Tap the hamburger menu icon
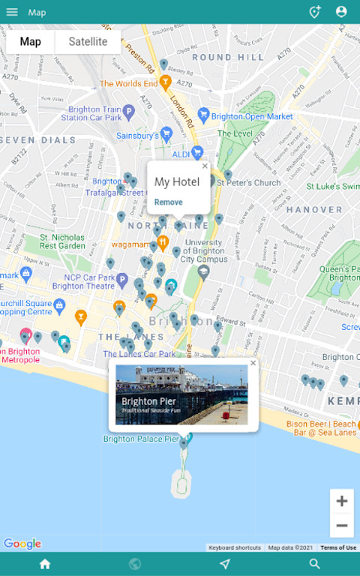pos(12,12)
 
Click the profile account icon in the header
pos(341,12)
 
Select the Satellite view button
pos(88,42)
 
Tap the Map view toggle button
pos(31,42)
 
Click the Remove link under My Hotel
pos(168,202)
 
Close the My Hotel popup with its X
pos(205,166)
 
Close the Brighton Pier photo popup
pos(253,363)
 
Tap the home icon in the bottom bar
pos(45,564)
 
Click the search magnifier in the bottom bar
pos(315,564)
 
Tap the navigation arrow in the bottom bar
pos(225,564)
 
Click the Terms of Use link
pos(338,547)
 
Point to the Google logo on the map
pos(22,544)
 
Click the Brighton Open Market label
pos(252,117)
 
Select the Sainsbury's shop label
pos(137,136)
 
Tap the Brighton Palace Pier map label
pos(142,439)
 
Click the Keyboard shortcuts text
pos(235,547)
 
